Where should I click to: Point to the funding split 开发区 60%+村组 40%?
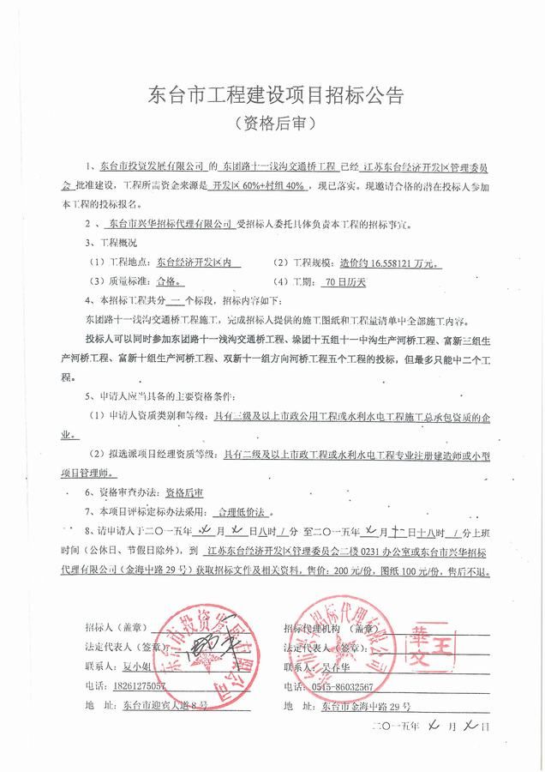(258, 184)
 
